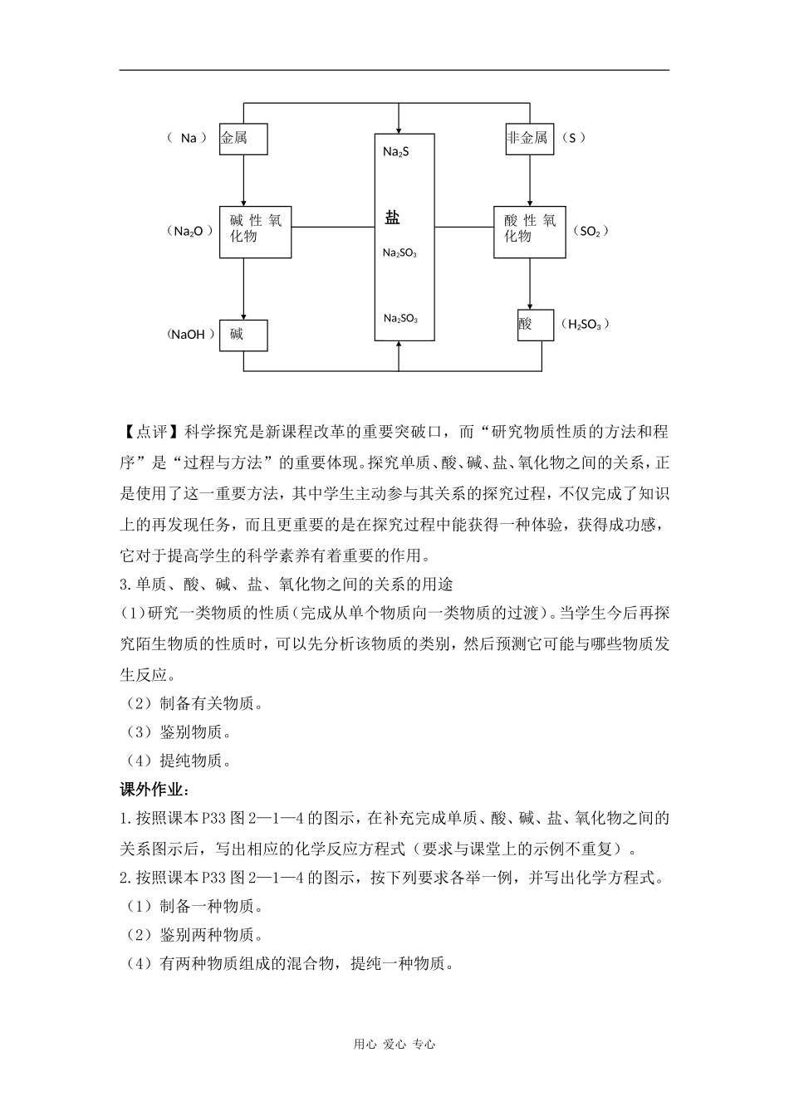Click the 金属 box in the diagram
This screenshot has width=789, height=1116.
coord(243,138)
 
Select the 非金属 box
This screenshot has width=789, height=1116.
coord(529,138)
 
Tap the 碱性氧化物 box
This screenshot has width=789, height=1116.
coord(256,231)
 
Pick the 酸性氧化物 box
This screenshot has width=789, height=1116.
coord(530,231)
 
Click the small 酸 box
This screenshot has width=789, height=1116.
coord(535,324)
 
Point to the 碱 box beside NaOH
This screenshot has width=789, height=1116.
coord(243,335)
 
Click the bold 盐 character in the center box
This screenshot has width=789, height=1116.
coord(393,218)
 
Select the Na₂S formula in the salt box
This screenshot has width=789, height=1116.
coord(396,152)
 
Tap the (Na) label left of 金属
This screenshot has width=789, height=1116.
coord(188,138)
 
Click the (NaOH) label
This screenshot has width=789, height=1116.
coord(190,335)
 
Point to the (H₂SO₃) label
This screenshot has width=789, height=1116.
coord(585,324)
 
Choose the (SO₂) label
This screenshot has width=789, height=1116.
coord(591,231)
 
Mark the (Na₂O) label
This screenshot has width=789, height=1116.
coord(189,231)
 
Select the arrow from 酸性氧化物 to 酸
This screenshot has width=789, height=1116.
coord(530,283)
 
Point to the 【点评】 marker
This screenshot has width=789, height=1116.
coord(152,432)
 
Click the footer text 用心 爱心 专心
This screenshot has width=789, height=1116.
coord(394,1045)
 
